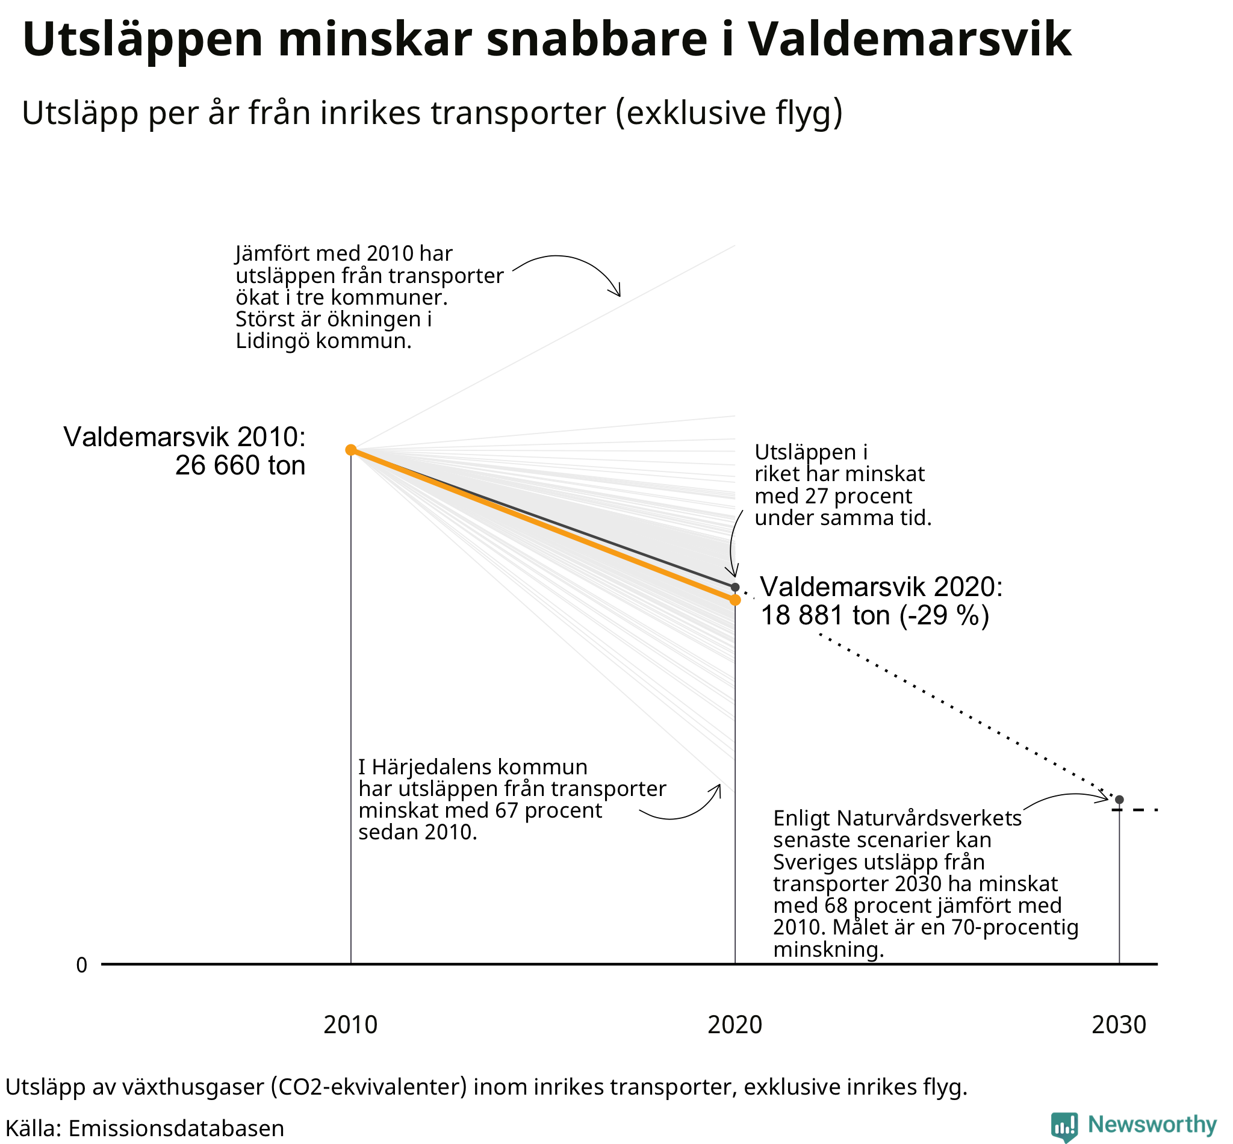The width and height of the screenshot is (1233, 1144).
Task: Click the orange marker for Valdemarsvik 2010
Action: [x=350, y=449]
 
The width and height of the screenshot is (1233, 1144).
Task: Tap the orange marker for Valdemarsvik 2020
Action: [x=735, y=600]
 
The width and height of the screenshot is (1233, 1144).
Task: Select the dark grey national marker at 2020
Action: [x=735, y=587]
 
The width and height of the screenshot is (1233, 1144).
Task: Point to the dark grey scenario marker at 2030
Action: [x=1119, y=800]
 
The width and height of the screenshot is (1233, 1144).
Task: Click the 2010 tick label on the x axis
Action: [x=350, y=1025]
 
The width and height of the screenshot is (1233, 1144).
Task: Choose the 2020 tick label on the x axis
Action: [x=735, y=1025]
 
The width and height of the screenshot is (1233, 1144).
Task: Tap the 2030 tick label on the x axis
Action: [x=1119, y=1025]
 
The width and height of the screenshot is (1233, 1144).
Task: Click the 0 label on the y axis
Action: [x=82, y=965]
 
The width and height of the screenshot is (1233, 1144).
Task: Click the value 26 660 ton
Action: [x=240, y=465]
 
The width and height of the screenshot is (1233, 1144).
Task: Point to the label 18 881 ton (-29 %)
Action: [x=875, y=615]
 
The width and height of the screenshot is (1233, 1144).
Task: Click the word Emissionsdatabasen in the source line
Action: [x=176, y=1128]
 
